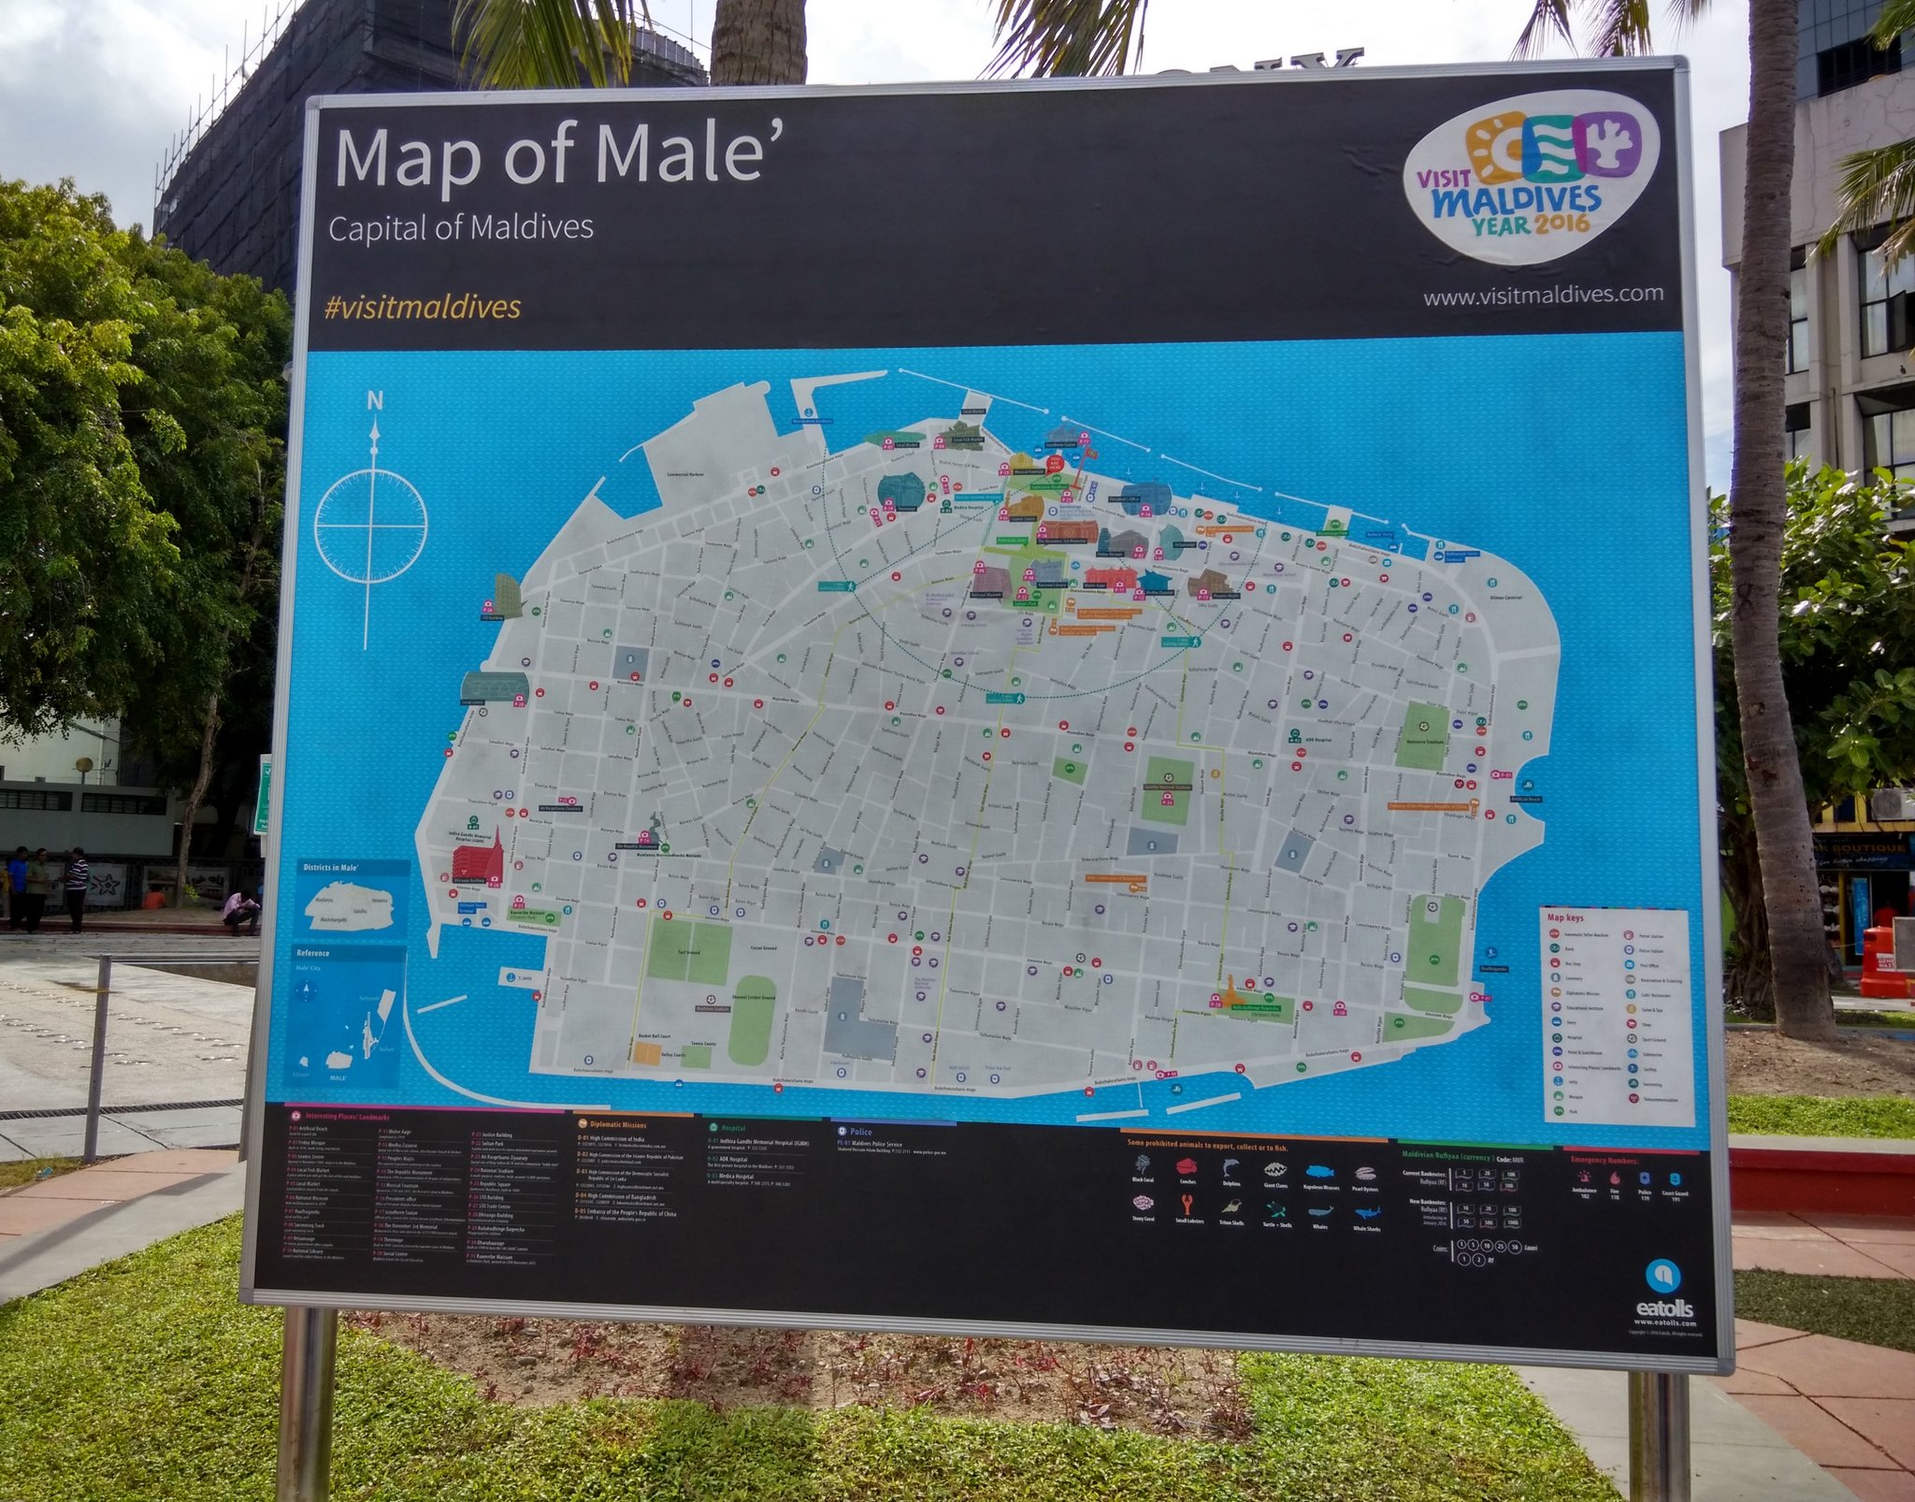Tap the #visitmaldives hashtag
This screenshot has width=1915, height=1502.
[422, 308]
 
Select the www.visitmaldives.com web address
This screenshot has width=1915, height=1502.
[1543, 296]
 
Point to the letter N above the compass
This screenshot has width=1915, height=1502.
[375, 401]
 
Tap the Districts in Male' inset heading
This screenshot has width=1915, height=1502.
[332, 867]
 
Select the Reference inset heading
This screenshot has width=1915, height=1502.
[313, 953]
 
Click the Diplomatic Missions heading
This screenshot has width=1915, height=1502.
[617, 1125]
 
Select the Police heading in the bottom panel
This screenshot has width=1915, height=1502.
[860, 1132]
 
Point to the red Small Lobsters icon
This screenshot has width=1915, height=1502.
[1187, 1203]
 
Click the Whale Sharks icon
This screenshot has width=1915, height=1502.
[1366, 1213]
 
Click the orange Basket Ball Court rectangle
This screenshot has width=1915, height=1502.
[647, 1052]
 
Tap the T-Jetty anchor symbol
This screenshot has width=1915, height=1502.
[510, 977]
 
